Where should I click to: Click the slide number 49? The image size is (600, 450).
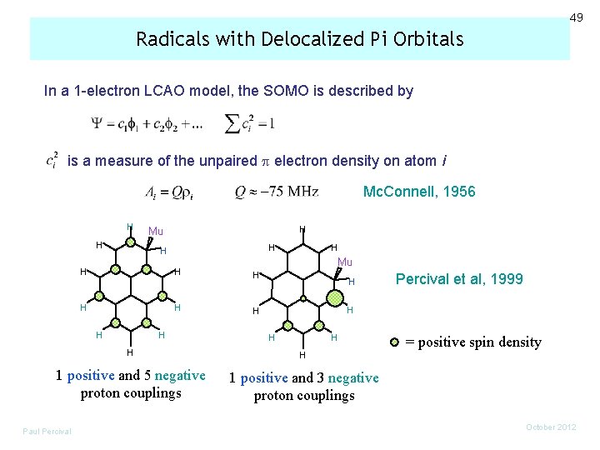[x=577, y=17]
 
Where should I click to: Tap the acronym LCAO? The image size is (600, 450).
[x=153, y=91]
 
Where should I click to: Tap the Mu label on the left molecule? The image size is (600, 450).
[x=155, y=231]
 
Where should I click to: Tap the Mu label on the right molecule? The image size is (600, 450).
[x=345, y=262]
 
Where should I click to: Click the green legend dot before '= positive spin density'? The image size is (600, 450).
[x=396, y=342]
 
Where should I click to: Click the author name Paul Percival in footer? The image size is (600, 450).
[x=47, y=431]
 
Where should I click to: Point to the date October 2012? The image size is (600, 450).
[x=551, y=427]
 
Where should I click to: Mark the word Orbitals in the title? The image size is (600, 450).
[x=427, y=39]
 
